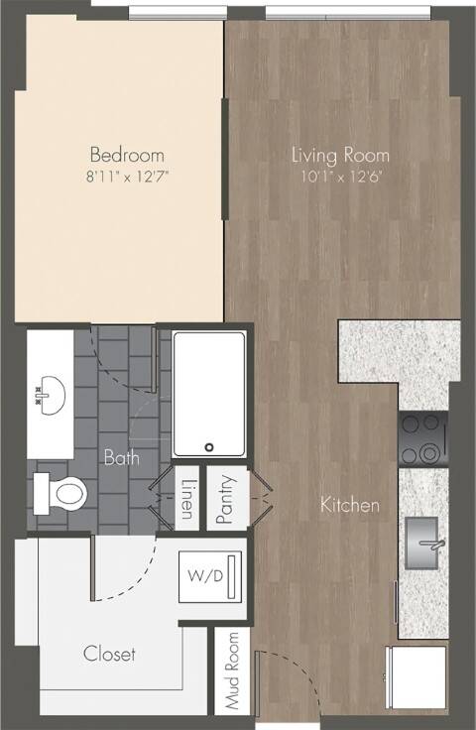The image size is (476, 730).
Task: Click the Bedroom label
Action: (x=127, y=155)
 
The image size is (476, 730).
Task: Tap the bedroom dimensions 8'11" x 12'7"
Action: (x=127, y=177)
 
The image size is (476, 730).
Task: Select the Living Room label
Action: (x=340, y=155)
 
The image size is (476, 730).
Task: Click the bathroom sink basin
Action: (x=51, y=396)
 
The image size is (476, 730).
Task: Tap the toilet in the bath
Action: (x=60, y=494)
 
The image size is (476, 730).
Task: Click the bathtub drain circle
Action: (x=209, y=447)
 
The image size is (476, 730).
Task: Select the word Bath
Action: (x=121, y=457)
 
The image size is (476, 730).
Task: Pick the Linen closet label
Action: (x=186, y=499)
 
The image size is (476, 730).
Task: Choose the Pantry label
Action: (x=225, y=499)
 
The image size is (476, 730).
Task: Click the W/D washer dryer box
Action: (x=210, y=576)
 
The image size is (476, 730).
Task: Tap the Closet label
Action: (x=109, y=654)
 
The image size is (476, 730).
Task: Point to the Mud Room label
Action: (x=231, y=670)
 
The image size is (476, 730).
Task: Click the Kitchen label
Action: (x=350, y=505)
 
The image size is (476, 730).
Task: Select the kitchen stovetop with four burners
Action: (x=423, y=438)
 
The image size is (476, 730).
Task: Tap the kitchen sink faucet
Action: (x=432, y=544)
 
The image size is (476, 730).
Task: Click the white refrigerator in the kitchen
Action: (x=416, y=677)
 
